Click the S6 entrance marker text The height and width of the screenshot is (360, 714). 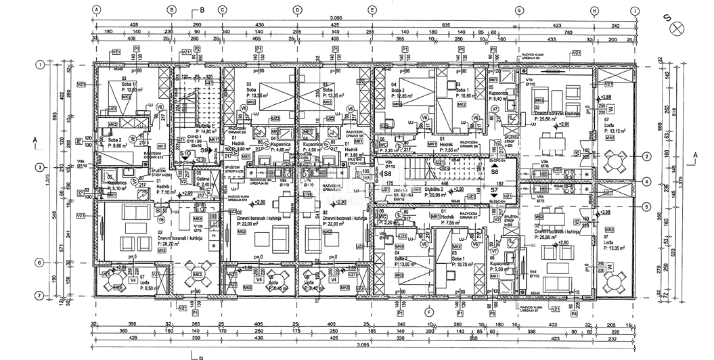point(495,173)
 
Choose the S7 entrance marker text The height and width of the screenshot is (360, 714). point(495,192)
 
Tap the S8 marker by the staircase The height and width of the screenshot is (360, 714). point(388,173)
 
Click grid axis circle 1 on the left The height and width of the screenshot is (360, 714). point(41,65)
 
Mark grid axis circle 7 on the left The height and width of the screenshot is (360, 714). point(41,294)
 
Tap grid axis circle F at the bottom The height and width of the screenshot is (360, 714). point(430,311)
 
